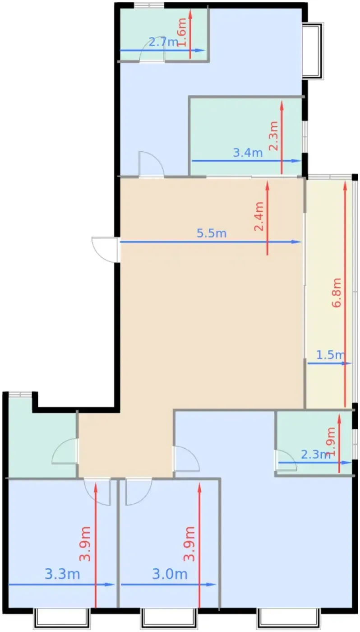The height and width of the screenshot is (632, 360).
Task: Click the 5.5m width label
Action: point(212,233)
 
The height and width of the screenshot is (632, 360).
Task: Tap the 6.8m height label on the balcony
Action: point(337,293)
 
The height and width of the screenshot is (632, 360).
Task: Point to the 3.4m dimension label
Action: point(248,153)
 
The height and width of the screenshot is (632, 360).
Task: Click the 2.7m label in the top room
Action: point(163,42)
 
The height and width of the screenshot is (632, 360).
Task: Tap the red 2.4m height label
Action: point(259,216)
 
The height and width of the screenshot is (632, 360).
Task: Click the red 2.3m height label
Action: point(273,136)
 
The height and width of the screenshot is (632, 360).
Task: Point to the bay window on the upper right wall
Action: point(313,51)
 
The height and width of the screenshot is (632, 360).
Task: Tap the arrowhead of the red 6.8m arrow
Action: point(345,185)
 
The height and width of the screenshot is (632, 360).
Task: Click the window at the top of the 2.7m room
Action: point(149,5)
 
